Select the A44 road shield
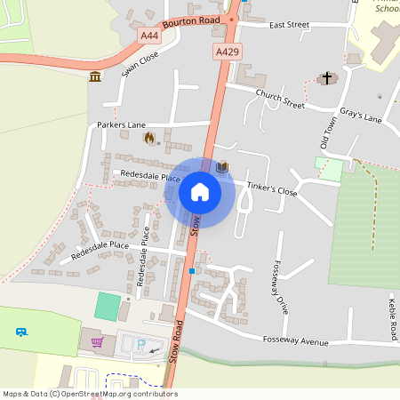pos(150,35)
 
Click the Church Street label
pos(279,98)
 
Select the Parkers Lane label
pos(120,125)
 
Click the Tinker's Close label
pos(272,189)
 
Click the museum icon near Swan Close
pos(95,78)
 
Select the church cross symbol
pos(326,79)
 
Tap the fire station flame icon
pos(149,138)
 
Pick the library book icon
pos(222,166)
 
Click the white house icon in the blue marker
pos(199,192)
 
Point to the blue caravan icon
pos(21,332)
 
